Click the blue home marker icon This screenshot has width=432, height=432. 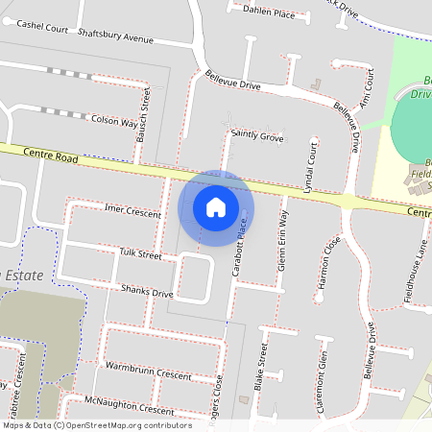click(215, 207)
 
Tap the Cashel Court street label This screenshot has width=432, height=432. click(43, 26)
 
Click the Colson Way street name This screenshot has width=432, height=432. click(114, 122)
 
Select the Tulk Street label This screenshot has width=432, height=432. click(139, 253)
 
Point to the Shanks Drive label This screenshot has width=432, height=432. click(147, 291)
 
